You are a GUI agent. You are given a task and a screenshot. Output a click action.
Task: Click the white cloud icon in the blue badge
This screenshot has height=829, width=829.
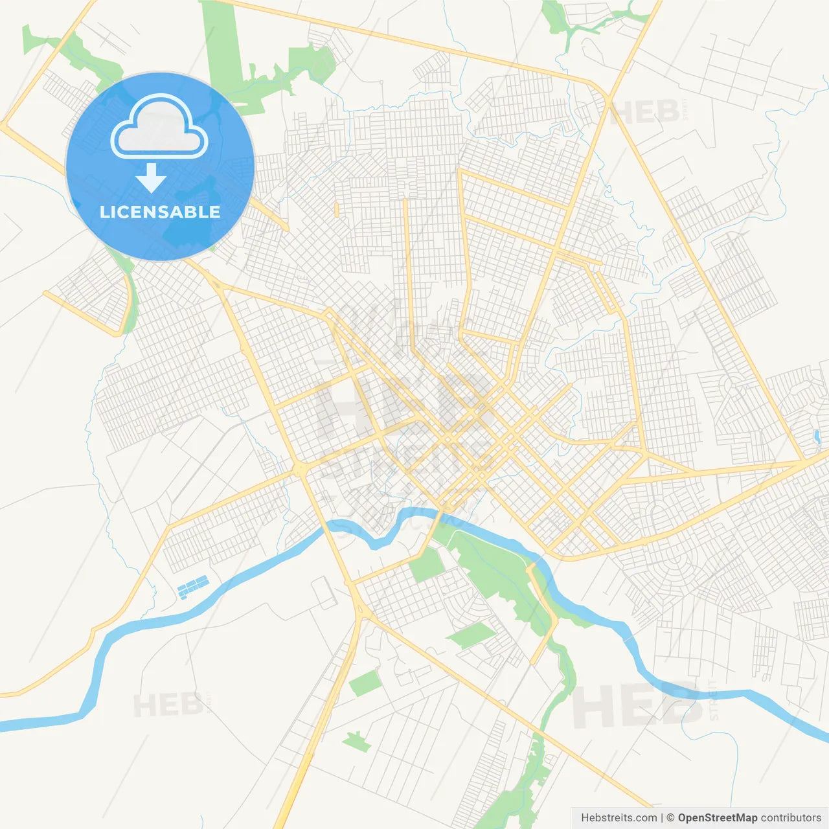click(x=159, y=128)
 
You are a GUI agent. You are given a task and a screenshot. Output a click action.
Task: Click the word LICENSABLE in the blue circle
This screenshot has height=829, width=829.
click(x=160, y=212)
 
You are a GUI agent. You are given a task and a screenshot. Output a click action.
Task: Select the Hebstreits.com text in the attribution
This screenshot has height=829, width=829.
click(x=619, y=818)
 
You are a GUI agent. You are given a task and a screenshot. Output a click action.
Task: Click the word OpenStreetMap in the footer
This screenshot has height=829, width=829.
click(x=717, y=818)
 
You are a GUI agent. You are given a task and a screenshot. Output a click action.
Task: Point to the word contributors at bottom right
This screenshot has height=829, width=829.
click(x=791, y=818)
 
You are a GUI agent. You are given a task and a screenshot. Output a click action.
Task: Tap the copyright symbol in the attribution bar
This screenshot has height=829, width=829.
click(x=670, y=818)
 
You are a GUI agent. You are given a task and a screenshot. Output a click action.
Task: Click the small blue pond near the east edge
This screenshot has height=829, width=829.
click(x=817, y=437)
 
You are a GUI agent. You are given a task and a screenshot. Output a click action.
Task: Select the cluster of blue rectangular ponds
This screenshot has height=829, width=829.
click(x=193, y=586)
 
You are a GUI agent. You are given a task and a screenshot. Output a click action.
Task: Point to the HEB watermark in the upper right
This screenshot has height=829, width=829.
click(x=645, y=113)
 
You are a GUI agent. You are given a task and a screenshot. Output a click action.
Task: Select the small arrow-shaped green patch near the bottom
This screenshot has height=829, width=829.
click(x=356, y=741)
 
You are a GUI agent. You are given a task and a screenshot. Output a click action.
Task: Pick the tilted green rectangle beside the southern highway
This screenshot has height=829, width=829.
click(x=365, y=683)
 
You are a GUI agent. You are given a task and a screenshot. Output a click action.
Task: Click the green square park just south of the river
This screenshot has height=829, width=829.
click(x=426, y=565)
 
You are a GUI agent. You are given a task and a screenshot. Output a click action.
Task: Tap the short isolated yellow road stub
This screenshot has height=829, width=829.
click(x=337, y=209)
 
